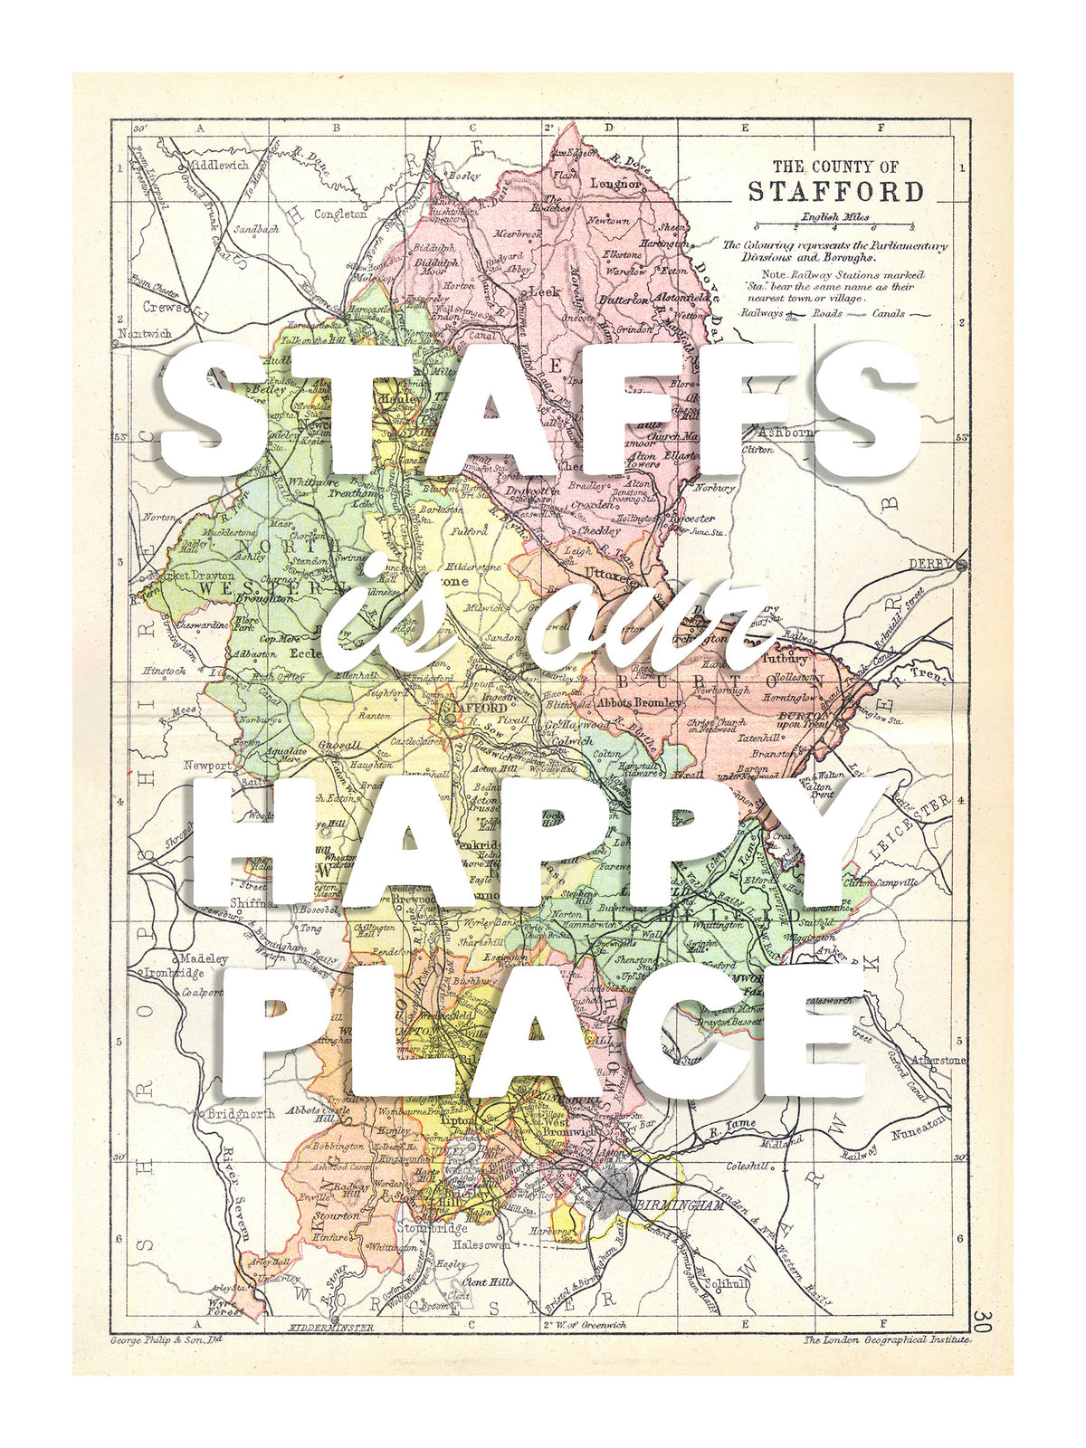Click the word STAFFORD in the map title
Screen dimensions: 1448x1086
(x=834, y=192)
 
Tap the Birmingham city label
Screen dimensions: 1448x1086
(x=681, y=1205)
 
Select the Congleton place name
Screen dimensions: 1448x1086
(x=340, y=214)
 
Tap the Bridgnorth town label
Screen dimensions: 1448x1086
(x=241, y=1114)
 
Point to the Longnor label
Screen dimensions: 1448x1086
(x=615, y=183)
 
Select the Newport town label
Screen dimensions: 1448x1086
(x=207, y=765)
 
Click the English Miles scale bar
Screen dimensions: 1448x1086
(x=834, y=226)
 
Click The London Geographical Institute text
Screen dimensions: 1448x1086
(x=886, y=1339)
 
